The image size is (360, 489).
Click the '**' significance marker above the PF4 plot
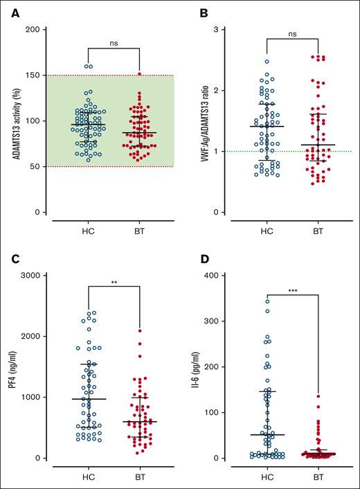click(x=114, y=283)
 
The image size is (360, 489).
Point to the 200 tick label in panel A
click(x=30, y=30)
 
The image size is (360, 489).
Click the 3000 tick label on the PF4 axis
click(x=28, y=276)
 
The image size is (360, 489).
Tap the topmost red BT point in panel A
click(x=140, y=73)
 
